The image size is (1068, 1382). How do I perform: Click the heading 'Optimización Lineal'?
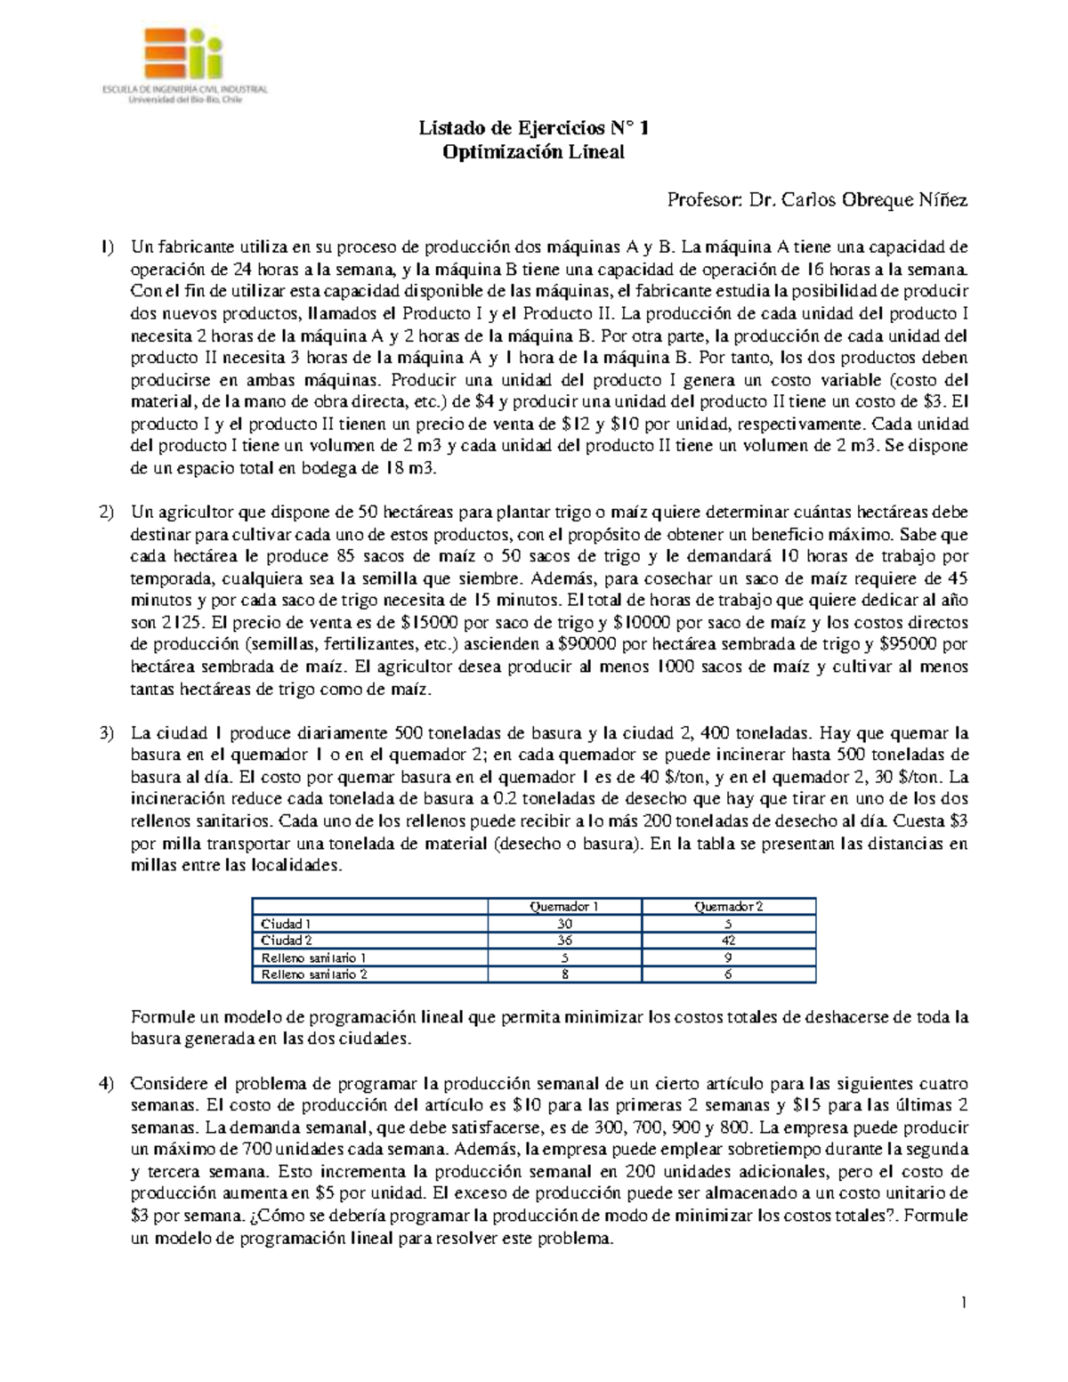534,152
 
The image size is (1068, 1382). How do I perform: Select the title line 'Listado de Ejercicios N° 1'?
534,129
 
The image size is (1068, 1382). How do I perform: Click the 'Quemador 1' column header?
563,907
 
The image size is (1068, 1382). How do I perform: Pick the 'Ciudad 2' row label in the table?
287,941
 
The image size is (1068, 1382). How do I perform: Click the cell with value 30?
563,924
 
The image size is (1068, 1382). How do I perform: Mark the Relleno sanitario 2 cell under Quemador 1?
563,974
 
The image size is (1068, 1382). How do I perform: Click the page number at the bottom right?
963,1304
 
